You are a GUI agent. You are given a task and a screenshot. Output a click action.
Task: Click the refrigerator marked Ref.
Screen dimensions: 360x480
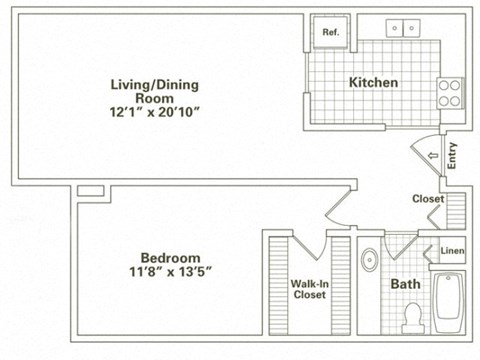click(329, 33)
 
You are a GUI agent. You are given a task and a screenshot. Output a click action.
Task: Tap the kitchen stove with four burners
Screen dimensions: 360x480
click(450, 93)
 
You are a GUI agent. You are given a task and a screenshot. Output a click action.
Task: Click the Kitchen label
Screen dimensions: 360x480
click(373, 82)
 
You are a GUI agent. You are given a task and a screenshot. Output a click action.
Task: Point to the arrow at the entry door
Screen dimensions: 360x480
click(433, 156)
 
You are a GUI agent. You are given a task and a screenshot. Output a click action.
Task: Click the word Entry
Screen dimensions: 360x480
click(453, 157)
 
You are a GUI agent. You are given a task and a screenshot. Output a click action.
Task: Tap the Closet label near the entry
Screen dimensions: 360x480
click(428, 198)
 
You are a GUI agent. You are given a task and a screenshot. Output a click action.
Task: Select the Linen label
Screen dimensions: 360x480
click(451, 252)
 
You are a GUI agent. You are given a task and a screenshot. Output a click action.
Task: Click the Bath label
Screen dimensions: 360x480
click(405, 284)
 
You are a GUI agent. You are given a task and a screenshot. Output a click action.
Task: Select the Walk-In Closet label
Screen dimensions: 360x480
click(309, 289)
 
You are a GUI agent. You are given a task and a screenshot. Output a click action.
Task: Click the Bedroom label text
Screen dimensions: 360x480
click(162, 256)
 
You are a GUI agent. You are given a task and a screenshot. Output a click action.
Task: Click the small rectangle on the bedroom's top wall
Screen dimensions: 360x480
click(89, 189)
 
